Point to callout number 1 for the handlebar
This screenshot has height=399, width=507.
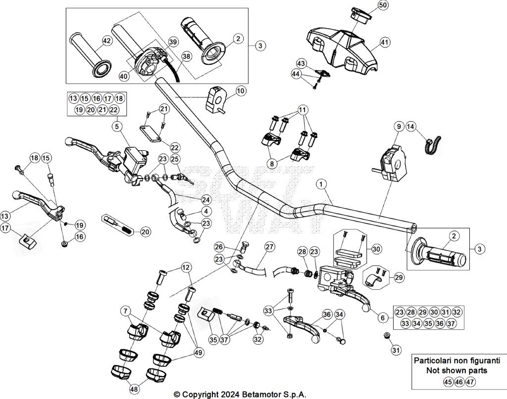[322, 184]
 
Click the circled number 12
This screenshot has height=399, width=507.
[186, 267]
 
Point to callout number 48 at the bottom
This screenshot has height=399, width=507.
[133, 390]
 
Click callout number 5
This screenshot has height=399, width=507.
[116, 127]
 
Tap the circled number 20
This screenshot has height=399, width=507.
[145, 231]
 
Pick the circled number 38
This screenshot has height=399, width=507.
[186, 56]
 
